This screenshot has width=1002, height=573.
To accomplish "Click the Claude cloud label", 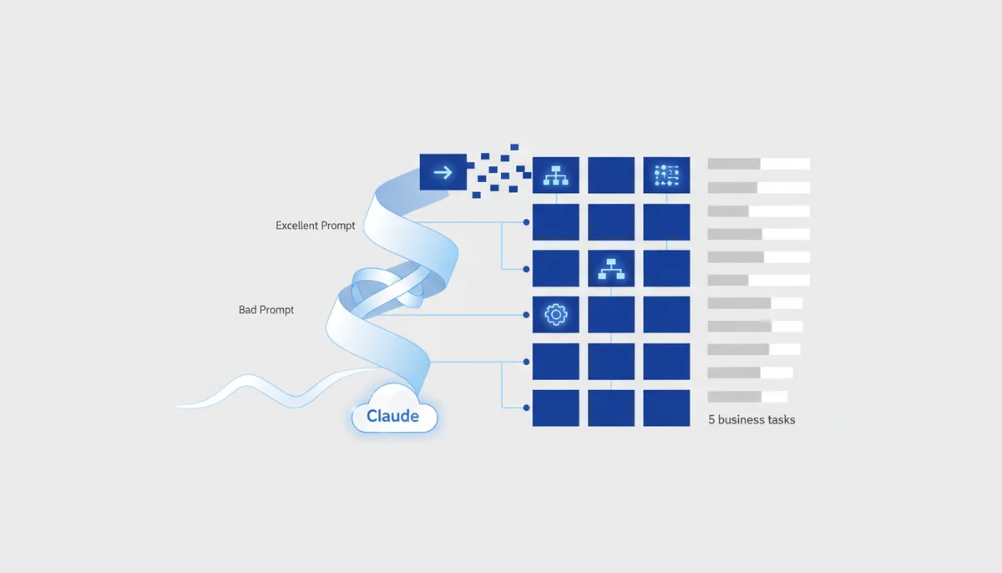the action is click(x=392, y=416).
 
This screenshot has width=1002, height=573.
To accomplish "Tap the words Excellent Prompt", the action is click(x=316, y=226).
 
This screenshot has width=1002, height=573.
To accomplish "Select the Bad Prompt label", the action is click(x=266, y=310).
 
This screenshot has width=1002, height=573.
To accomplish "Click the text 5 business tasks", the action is click(x=751, y=419).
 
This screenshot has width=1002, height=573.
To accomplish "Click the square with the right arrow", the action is click(x=443, y=172).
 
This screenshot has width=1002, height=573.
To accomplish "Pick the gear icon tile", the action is click(x=555, y=314).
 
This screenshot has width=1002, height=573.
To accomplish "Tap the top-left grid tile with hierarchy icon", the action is click(x=555, y=175).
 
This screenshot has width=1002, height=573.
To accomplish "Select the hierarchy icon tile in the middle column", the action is click(x=611, y=268).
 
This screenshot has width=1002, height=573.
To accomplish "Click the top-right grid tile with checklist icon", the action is click(x=666, y=175).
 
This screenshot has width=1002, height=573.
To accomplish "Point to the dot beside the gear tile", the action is click(x=526, y=315).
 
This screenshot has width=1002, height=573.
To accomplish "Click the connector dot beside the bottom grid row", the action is click(x=526, y=408).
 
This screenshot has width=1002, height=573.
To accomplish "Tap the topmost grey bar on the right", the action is click(x=759, y=164).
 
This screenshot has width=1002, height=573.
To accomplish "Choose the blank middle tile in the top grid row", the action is click(x=611, y=175).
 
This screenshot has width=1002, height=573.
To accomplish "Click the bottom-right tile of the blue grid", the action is click(x=666, y=408).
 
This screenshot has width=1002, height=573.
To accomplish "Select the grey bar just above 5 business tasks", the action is click(x=747, y=396).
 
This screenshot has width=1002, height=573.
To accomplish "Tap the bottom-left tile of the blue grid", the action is click(x=555, y=408).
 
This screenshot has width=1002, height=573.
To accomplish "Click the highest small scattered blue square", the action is click(x=514, y=147).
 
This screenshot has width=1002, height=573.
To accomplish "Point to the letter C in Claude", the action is click(x=372, y=416).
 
